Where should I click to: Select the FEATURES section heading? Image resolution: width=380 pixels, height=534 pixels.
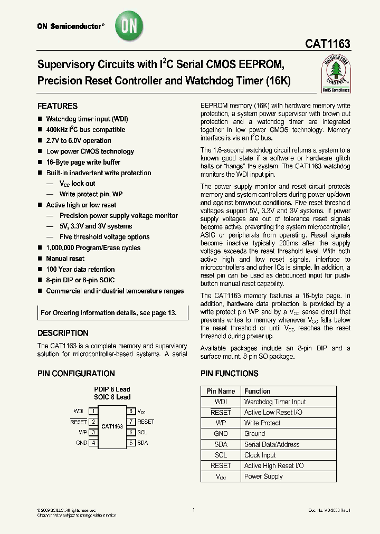pyautogui.click(x=58, y=106)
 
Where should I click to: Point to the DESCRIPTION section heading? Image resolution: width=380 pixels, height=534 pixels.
pyautogui.click(x=63, y=333)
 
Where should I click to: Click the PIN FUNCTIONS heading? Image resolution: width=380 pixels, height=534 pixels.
pyautogui.click(x=230, y=374)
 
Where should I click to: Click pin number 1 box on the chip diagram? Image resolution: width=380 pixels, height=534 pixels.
pyautogui.click(x=93, y=411)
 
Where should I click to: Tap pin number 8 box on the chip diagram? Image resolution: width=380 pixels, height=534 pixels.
pyautogui.click(x=130, y=411)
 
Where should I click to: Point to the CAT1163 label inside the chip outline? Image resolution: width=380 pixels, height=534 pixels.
pyautogui.click(x=112, y=426)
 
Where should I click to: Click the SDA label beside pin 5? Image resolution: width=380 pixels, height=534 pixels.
pyautogui.click(x=142, y=443)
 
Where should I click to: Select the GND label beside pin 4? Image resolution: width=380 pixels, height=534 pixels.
pyautogui.click(x=81, y=443)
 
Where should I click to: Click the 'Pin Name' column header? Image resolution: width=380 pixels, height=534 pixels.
pyautogui.click(x=221, y=392)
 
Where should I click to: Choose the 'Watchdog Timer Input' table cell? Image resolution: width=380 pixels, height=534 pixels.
pyautogui.click(x=274, y=402)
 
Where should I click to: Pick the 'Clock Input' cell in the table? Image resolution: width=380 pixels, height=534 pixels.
pyautogui.click(x=260, y=455)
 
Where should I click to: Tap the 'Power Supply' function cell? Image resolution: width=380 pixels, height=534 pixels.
pyautogui.click(x=263, y=476)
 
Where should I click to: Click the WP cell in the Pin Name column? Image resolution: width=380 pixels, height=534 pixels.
pyautogui.click(x=221, y=423)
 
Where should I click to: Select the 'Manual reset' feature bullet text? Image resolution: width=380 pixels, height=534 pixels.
pyautogui.click(x=65, y=259)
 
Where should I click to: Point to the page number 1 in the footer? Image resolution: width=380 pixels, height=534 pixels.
pyautogui.click(x=194, y=510)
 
